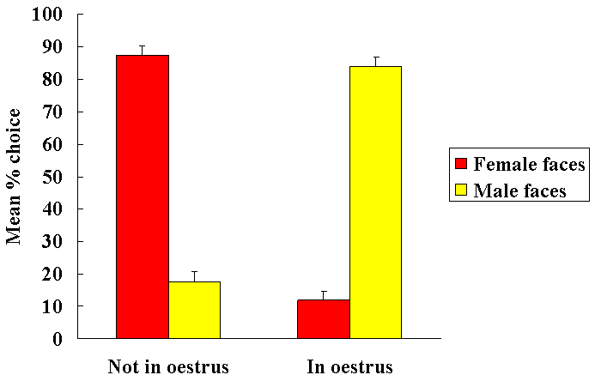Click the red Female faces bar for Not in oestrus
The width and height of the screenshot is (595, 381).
pyautogui.click(x=143, y=197)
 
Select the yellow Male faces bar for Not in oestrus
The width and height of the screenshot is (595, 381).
pyautogui.click(x=194, y=310)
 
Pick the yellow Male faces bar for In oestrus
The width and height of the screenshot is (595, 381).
pyautogui.click(x=375, y=202)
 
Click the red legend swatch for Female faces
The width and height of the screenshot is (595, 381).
pyautogui.click(x=461, y=163)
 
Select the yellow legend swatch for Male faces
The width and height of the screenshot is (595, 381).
pyautogui.click(x=461, y=190)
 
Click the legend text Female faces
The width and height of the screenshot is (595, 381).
pyautogui.click(x=530, y=163)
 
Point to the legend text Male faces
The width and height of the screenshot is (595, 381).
pyautogui.click(x=520, y=190)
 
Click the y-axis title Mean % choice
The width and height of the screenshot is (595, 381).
pyautogui.click(x=15, y=176)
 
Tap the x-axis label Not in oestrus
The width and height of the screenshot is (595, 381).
pyautogui.click(x=168, y=367)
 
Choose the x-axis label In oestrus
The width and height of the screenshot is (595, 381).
pyautogui.click(x=349, y=367)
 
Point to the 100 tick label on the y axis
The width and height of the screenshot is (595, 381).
pyautogui.click(x=49, y=15)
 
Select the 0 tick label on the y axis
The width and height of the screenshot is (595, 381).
pyautogui.click(x=58, y=338)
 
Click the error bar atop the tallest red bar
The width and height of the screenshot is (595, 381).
pyautogui.click(x=143, y=50)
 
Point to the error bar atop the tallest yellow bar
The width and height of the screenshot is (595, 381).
pyautogui.click(x=375, y=61)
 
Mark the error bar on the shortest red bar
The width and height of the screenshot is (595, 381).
pyautogui.click(x=324, y=295)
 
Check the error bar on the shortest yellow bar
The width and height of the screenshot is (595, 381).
pyautogui.click(x=194, y=275)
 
